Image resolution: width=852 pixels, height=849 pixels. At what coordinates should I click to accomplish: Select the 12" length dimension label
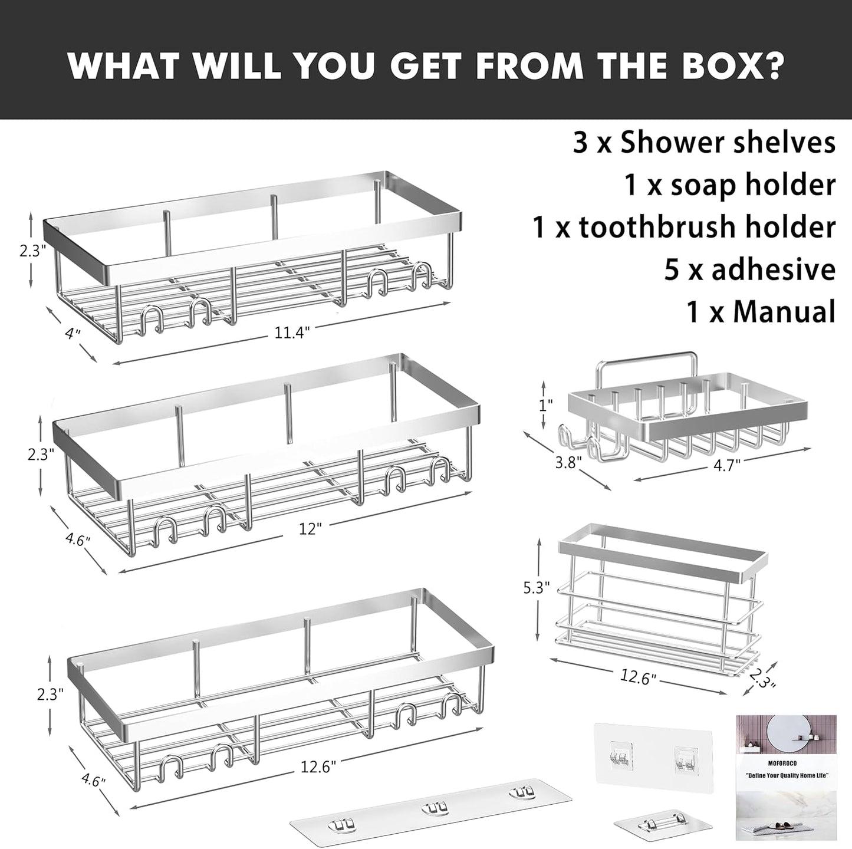click(x=310, y=528)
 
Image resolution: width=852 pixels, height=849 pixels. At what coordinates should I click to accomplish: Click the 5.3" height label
click(x=537, y=587)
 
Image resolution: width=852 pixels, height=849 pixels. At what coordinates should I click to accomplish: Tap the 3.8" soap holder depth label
click(x=567, y=462)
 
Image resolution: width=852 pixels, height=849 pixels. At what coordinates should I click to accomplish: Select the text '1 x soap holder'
click(x=729, y=185)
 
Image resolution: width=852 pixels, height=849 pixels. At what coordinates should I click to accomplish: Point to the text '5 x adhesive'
click(x=750, y=269)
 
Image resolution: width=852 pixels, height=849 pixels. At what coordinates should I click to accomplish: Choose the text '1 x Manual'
click(x=761, y=311)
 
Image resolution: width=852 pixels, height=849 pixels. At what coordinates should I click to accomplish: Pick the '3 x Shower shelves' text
click(x=705, y=143)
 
